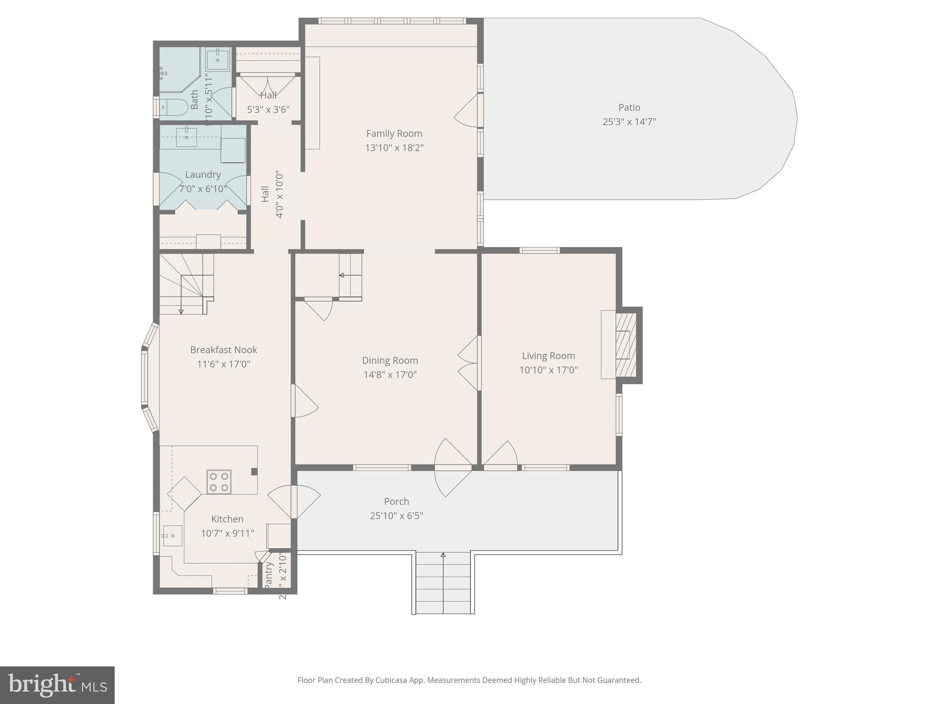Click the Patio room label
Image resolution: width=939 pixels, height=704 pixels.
point(629,107)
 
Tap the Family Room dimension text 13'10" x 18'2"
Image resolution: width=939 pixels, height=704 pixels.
point(394,148)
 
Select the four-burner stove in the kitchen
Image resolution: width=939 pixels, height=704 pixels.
point(219,482)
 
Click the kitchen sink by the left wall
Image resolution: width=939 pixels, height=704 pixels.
point(172,535)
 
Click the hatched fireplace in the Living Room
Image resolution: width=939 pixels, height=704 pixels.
point(625,345)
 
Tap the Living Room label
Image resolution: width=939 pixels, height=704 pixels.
point(548,356)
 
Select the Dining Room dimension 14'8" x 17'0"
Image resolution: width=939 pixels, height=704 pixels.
point(390,375)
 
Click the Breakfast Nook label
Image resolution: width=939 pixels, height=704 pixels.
point(223,350)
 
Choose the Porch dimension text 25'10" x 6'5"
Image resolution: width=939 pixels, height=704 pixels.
point(396,516)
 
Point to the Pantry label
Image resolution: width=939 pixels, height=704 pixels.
point(269,575)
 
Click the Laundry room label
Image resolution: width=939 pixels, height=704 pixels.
point(203,175)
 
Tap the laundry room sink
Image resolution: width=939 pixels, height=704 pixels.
point(187,137)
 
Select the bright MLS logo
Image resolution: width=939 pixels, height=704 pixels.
point(57,685)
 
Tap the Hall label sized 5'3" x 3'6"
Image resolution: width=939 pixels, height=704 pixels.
point(268,95)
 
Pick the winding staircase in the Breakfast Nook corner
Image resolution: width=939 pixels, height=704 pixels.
point(186,284)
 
